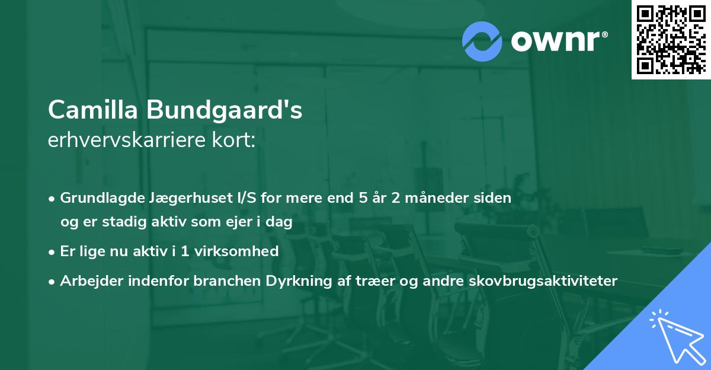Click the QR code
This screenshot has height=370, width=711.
pyautogui.click(x=670, y=39)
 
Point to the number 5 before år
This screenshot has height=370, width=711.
pyautogui.click(x=363, y=197)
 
